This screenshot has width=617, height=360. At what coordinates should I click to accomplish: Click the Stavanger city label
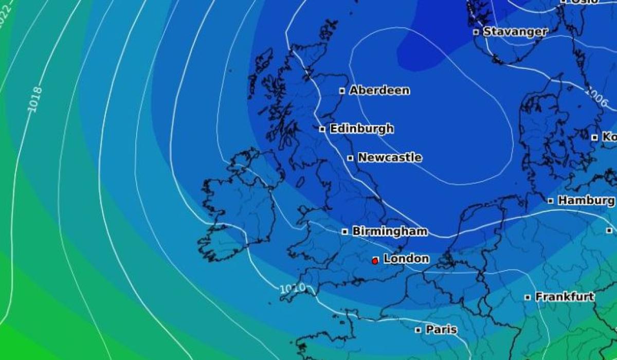click(x=515, y=31)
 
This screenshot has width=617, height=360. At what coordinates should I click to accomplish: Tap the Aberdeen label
click(x=379, y=91)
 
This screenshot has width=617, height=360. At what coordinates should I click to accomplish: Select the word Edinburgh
click(x=361, y=129)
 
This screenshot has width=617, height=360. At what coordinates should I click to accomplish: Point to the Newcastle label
click(x=390, y=157)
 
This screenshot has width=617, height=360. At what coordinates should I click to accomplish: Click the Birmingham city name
click(x=390, y=231)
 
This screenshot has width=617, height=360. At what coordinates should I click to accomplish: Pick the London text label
click(x=406, y=259)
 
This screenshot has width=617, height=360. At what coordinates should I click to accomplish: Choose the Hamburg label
click(x=586, y=201)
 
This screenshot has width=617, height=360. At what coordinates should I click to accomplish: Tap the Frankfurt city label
click(x=565, y=297)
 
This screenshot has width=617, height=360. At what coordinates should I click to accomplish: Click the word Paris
click(x=441, y=330)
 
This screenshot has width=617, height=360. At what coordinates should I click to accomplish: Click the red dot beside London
click(x=375, y=261)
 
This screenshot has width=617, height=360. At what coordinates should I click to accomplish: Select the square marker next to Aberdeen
click(x=342, y=91)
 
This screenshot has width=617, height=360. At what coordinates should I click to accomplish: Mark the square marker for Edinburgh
click(x=322, y=129)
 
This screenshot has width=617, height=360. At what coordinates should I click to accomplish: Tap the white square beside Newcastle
click(x=350, y=158)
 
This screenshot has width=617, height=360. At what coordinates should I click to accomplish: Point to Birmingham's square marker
click(x=345, y=232)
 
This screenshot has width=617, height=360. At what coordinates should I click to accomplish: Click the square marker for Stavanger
click(x=476, y=32)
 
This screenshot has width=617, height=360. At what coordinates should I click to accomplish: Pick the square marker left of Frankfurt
click(x=528, y=297)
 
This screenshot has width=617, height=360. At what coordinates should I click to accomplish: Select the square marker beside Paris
click(x=418, y=330)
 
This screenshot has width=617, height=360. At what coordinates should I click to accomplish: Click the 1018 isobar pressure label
click(x=34, y=98)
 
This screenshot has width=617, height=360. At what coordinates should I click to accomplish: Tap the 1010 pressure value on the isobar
click(x=292, y=289)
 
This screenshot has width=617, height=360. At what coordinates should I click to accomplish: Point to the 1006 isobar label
click(x=595, y=96)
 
